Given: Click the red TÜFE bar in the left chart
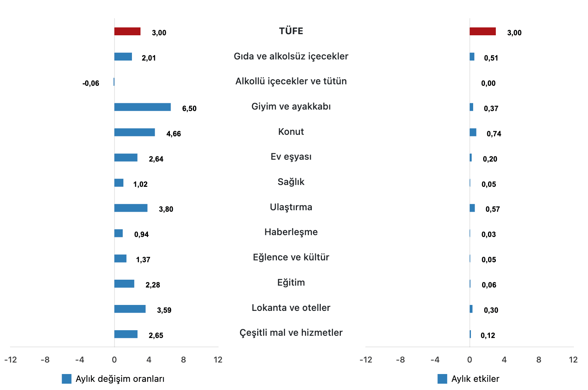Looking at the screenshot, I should click(x=127, y=32).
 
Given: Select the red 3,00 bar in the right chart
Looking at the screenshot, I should click(x=482, y=32).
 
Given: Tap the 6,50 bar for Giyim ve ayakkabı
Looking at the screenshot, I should click(x=142, y=107).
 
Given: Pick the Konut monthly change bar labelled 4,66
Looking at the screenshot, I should click(x=135, y=132).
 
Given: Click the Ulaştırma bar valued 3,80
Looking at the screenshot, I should click(x=131, y=208).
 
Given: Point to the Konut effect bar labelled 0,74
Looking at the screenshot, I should click(x=473, y=132).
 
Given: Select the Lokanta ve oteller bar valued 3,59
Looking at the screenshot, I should click(x=130, y=309).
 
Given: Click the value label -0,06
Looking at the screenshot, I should click(x=91, y=83).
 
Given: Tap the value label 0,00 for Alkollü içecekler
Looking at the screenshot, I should click(x=488, y=83).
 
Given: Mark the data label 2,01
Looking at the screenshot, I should click(x=149, y=58).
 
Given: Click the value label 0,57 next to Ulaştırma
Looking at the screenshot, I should click(x=492, y=209).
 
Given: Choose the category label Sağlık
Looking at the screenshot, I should click(x=291, y=182).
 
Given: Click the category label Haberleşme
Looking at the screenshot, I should click(x=291, y=232).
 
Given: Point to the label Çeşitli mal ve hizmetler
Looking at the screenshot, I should click(x=291, y=333).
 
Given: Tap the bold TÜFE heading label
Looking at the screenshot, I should click(x=291, y=31).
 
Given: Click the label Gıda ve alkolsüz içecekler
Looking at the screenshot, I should click(x=291, y=56).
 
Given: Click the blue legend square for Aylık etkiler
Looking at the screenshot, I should click(x=442, y=379).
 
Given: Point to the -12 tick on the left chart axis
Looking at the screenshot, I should click(x=10, y=360).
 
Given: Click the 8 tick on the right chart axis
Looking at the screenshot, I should click(x=539, y=360).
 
